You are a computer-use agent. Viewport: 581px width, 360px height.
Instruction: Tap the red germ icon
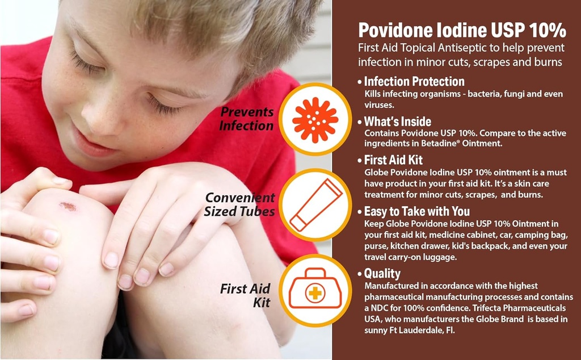point(315,119)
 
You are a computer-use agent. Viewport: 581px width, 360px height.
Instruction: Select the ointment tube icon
point(315,204)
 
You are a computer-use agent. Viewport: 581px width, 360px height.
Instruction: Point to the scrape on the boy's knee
point(68,206)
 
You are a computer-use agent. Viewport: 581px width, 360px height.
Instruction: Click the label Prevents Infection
point(247,119)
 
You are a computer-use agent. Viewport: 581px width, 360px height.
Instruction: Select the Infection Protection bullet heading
point(414,82)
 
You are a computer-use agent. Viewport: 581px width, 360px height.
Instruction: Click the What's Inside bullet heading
point(397,122)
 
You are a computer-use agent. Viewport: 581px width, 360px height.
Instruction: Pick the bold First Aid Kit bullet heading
point(393,161)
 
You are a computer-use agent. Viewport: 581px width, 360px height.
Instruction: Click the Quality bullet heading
point(382,274)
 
